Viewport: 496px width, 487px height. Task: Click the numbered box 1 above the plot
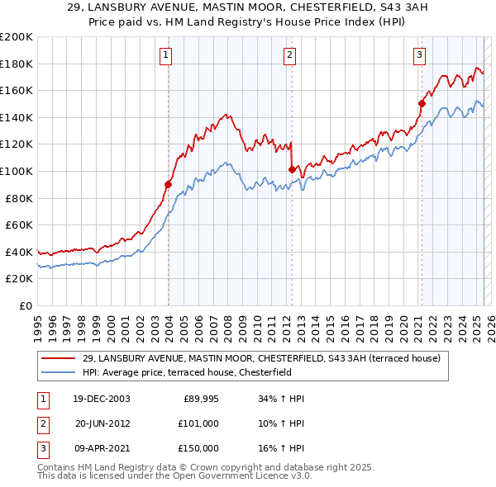[166, 55]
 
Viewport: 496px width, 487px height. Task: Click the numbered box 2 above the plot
[290, 55]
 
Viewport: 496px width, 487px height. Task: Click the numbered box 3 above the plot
[420, 55]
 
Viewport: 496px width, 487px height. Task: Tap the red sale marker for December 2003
[169, 185]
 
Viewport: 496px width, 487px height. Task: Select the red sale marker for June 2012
[292, 169]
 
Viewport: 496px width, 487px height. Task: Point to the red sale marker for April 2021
[422, 103]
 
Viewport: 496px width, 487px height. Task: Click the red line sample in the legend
[60, 358]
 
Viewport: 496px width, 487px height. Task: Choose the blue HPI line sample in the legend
[60, 372]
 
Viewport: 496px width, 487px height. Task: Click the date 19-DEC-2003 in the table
[102, 400]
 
